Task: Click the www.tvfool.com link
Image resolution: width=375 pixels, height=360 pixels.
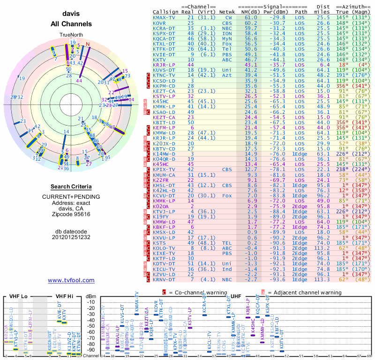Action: pyautogui.click(x=71, y=280)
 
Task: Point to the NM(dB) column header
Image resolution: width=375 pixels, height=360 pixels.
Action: pyautogui.click(x=251, y=12)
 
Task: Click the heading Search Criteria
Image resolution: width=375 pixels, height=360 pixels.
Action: pyautogui.click(x=71, y=187)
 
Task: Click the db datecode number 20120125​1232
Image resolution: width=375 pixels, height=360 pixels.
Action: pyautogui.click(x=71, y=237)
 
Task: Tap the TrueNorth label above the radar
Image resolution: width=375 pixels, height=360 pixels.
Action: pyautogui.click(x=71, y=35)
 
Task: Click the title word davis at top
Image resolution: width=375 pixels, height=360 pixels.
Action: pyautogui.click(x=71, y=15)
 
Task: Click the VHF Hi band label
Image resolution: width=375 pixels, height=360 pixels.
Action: pyautogui.click(x=64, y=296)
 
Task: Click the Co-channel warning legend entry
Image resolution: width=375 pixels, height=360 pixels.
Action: pyautogui.click(x=194, y=292)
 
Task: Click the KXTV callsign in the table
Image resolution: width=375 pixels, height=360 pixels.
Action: pyautogui.click(x=159, y=60)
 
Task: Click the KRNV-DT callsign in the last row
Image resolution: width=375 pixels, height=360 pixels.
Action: pyautogui.click(x=164, y=280)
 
